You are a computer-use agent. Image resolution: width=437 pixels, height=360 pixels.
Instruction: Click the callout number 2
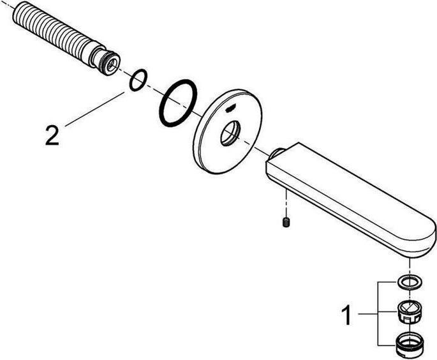52,135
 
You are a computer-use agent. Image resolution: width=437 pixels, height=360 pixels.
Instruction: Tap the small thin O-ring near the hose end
137,80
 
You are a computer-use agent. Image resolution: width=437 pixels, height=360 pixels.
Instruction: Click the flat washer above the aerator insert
406,281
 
